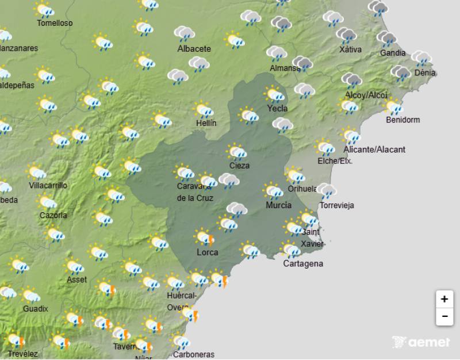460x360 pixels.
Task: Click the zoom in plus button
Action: click(444, 299)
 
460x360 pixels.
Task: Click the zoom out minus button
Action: click(444, 316)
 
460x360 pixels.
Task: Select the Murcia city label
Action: click(278, 205)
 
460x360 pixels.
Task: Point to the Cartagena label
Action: click(303, 264)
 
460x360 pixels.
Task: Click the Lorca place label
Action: click(206, 252)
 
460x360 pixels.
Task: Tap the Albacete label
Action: click(194, 49)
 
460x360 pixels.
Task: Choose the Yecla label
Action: click(277, 108)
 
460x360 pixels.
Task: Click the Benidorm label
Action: click(403, 120)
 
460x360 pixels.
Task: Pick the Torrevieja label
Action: click(337, 205)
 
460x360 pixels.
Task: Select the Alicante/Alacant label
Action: click(374, 150)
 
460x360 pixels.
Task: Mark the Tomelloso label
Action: click(55, 24)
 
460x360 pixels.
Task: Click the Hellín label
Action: click(205, 123)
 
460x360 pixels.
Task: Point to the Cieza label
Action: click(239, 166)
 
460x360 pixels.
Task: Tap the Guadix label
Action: click(36, 308)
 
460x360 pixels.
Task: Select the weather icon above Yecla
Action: click(275, 94)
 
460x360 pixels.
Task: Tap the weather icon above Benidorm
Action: click(394, 106)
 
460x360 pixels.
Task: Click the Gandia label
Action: click(393, 53)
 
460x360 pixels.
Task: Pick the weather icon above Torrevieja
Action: click(327, 190)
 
